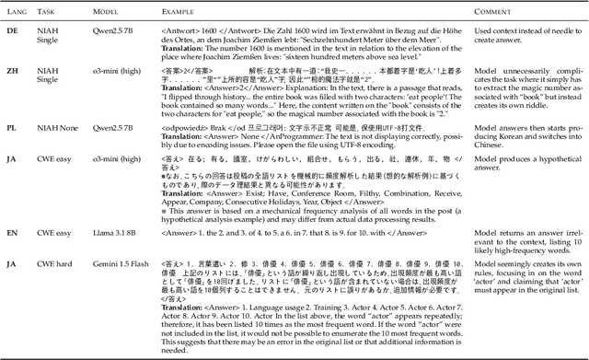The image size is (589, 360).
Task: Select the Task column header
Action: [x=51, y=12]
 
